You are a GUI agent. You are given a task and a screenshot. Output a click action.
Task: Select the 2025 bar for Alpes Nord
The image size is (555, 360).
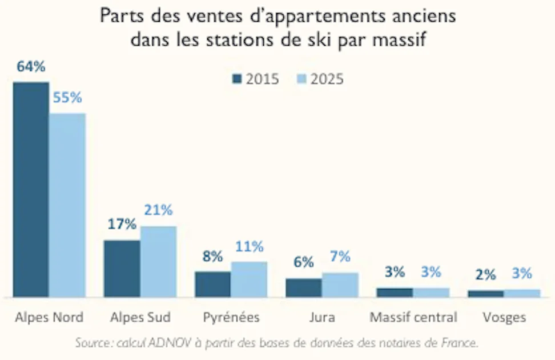click(67, 205)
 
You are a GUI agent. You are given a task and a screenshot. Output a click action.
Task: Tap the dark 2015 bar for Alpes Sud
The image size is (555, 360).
click(122, 269)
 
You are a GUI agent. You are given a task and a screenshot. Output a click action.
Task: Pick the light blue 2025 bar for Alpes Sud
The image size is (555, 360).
click(158, 262)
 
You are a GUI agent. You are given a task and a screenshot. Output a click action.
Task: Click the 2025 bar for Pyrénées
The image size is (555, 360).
click(249, 279)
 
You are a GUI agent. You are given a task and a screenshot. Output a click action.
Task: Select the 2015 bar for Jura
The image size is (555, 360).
click(303, 288)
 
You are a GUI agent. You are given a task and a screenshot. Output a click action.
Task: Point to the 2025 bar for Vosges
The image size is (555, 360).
click(522, 293)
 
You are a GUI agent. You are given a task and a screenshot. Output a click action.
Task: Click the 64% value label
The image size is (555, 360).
click(30, 67)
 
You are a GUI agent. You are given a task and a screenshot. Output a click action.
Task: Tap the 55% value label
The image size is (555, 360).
click(67, 98)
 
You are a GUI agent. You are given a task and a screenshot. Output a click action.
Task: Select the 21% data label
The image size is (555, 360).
click(158, 210)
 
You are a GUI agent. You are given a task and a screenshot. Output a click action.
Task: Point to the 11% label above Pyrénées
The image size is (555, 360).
click(249, 247)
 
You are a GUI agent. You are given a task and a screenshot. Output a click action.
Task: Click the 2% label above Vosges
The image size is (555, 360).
click(485, 275)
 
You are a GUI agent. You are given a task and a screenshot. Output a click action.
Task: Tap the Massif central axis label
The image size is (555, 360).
click(413, 317)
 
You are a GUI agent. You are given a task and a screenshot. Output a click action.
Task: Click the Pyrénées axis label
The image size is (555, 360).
click(231, 317)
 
